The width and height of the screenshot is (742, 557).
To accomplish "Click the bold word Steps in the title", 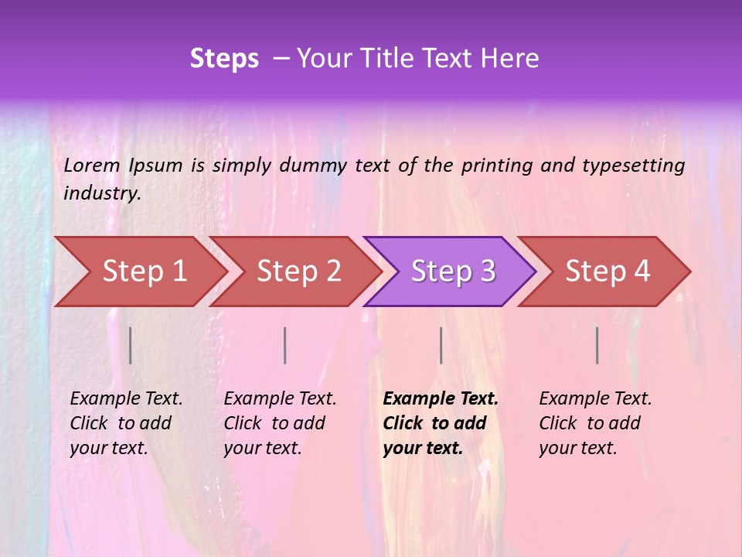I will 224,59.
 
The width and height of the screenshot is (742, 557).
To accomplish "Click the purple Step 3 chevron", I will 451,272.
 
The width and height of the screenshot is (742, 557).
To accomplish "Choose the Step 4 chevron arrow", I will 605,272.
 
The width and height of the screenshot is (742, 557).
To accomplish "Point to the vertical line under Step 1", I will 131,345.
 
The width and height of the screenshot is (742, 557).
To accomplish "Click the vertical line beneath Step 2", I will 285,345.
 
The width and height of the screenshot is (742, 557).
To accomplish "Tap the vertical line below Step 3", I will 441,345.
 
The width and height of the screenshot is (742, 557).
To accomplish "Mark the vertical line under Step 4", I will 597,345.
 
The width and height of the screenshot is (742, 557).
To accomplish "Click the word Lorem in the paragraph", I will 92,166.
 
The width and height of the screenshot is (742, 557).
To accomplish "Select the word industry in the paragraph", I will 102,193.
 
